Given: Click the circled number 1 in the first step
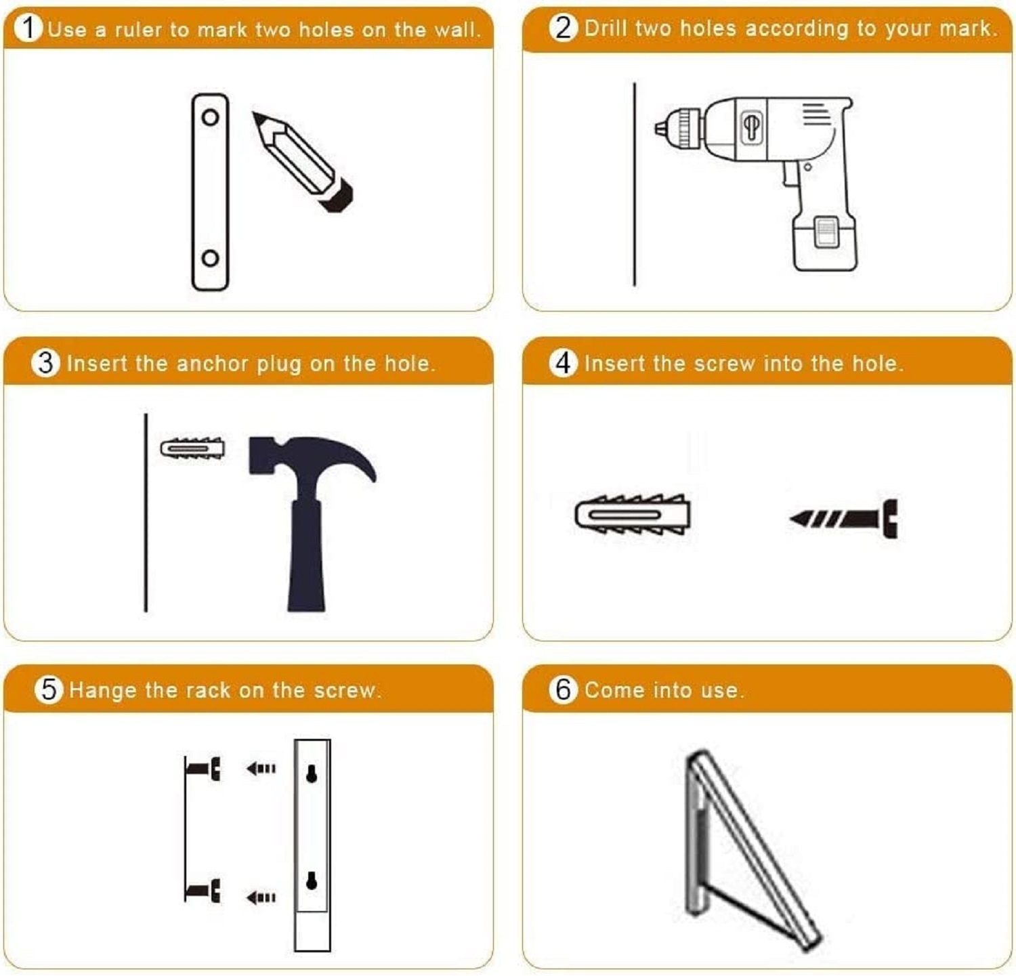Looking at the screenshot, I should point(28,28).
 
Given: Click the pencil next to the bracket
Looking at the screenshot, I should point(301,161).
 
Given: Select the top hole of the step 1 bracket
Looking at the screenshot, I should point(210,117).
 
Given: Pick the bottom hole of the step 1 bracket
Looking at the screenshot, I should point(210,258).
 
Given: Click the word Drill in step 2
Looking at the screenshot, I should point(606,28).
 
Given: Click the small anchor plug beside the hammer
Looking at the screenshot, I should point(192,448).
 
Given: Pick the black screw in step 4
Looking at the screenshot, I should point(847,519).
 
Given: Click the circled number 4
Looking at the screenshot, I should point(563,363).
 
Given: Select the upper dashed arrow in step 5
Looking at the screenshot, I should point(261,769).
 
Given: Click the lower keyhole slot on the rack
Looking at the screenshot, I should point(312,880).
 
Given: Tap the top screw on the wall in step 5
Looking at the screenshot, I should point(203,769).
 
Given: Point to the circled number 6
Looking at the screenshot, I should point(563,689).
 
